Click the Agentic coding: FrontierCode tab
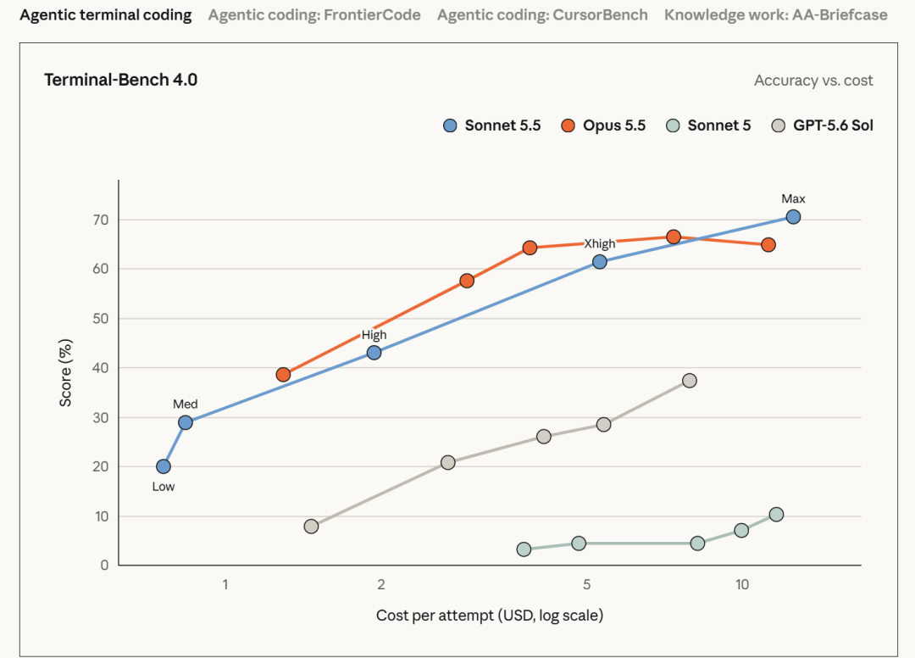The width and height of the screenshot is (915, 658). click(314, 15)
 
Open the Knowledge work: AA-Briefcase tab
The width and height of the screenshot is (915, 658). click(775, 15)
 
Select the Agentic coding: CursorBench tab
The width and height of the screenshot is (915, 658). click(542, 15)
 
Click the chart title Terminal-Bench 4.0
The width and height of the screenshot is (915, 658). click(121, 80)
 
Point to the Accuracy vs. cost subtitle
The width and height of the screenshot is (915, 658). click(813, 81)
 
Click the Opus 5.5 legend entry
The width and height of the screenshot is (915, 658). click(603, 125)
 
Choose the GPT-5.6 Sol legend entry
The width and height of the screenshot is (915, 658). click(822, 125)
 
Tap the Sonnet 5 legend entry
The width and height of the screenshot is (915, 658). click(708, 125)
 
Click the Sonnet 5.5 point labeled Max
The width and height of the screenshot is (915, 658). click(793, 217)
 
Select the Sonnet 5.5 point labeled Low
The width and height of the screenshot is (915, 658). click(164, 466)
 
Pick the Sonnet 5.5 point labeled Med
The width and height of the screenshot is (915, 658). click(186, 423)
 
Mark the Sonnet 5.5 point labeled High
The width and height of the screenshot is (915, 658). click(374, 353)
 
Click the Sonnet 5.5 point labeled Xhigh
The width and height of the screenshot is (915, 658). click(599, 262)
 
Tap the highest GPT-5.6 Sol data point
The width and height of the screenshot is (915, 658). click(689, 381)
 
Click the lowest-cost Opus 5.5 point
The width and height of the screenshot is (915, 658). click(283, 375)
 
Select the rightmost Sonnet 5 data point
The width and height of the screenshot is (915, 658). click(776, 515)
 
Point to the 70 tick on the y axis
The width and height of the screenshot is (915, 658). click(101, 220)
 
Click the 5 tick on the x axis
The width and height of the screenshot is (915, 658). click(586, 584)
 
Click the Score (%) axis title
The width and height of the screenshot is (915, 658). click(65, 372)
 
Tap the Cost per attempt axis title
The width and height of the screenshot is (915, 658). click(490, 616)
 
